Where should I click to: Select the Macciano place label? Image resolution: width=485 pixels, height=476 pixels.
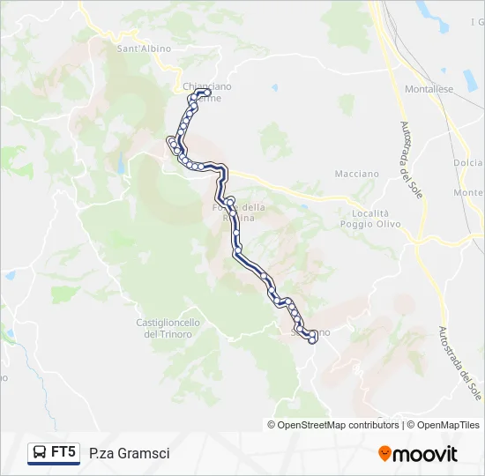click(x=356, y=174)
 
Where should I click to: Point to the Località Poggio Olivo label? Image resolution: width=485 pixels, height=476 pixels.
click(x=370, y=219)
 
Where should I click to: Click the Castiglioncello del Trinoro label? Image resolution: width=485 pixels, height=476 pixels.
click(x=168, y=328)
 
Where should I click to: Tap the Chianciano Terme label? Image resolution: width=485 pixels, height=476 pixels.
click(x=207, y=92)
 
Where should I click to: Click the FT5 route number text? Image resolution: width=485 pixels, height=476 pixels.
click(x=63, y=452)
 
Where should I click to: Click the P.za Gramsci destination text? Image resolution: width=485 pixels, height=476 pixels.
click(x=130, y=453)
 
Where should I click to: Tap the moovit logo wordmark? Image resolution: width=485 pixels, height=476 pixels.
click(x=426, y=454)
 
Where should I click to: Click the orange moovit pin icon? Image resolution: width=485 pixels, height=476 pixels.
click(x=384, y=454)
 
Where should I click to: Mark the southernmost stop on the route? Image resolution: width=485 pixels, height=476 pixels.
click(x=312, y=340)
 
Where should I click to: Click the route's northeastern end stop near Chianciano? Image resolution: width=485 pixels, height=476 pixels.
click(x=207, y=92)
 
